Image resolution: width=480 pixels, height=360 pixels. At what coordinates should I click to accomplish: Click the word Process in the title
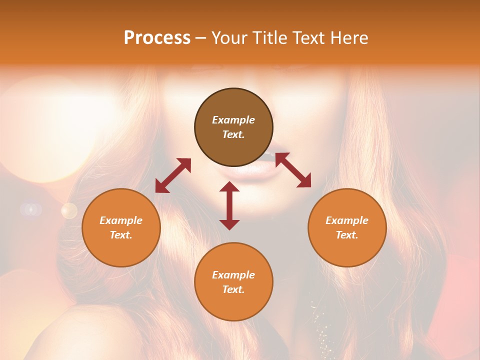point(157,38)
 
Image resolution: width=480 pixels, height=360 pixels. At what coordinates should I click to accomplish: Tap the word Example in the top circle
point(233,120)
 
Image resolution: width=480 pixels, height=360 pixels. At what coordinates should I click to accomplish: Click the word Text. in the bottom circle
point(233,289)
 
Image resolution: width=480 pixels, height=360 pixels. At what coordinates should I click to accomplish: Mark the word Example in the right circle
point(347,220)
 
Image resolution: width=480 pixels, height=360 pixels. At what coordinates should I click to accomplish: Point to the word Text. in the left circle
point(121,235)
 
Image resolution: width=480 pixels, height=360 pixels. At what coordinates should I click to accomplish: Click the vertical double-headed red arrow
point(229,205)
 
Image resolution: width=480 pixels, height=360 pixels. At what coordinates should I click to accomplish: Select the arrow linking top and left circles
point(173,175)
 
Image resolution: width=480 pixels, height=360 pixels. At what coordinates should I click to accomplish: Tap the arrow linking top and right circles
point(293,170)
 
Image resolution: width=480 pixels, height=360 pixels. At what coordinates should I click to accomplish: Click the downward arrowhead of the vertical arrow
point(229,224)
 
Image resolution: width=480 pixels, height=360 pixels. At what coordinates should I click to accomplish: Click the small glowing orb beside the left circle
point(69,210)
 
